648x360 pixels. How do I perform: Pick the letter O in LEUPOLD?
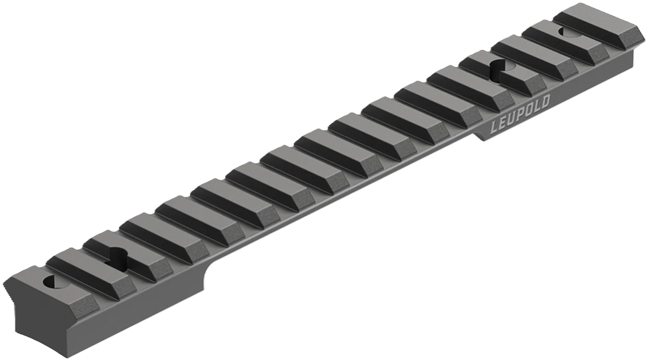tap(527, 111)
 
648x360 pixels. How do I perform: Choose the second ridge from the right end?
tap(564, 39)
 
